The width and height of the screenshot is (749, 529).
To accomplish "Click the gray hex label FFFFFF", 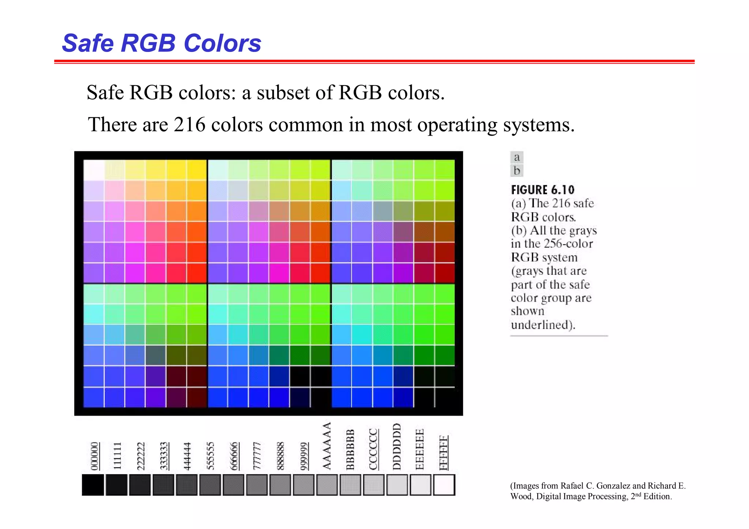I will click(444, 453).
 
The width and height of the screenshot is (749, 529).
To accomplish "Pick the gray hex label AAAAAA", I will click(327, 446).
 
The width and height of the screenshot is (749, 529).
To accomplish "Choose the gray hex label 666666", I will click(234, 456).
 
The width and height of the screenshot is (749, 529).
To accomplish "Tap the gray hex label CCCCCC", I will click(373, 449).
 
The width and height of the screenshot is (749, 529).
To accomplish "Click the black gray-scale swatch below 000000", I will click(93, 485).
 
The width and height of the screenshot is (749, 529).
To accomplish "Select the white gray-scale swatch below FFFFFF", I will click(444, 485).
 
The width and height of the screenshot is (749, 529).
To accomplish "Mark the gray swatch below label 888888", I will click(280, 485).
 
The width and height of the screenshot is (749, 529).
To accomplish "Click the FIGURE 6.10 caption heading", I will click(543, 190).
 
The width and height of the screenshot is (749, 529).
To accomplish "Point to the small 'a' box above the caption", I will click(517, 158).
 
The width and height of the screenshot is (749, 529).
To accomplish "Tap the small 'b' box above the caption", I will click(517, 171).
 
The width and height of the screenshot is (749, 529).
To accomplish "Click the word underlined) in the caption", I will click(543, 325).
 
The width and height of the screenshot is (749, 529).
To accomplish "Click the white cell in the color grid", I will click(94, 170).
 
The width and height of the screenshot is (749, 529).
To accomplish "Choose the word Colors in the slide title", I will click(222, 43).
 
